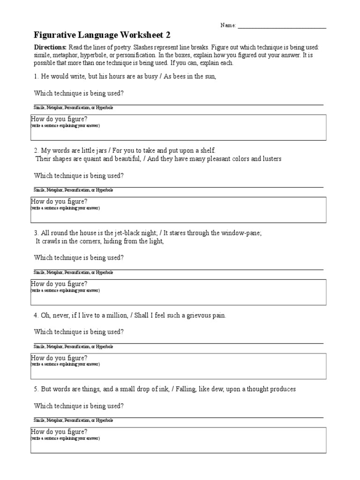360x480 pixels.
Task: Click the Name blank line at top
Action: [282, 26]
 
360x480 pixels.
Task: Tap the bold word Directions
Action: [51, 48]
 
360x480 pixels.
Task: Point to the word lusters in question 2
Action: [271, 158]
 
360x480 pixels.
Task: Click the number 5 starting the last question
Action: [36, 389]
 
